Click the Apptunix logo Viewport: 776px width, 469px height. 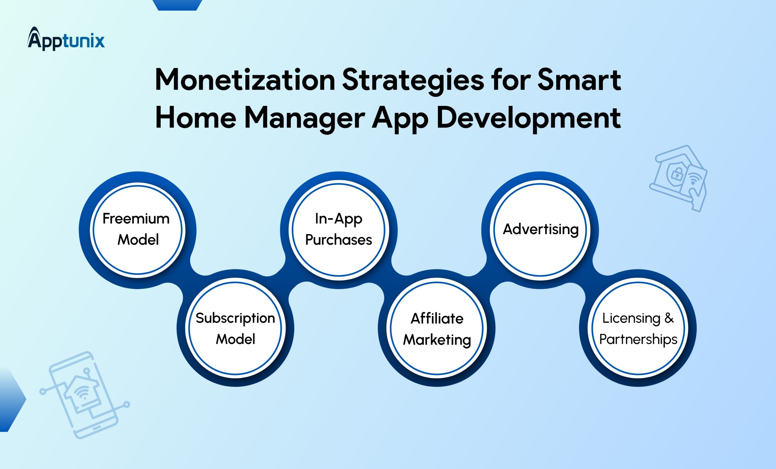coord(66,39)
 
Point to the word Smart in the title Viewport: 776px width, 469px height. coord(579,80)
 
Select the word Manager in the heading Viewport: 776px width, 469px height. coord(305,119)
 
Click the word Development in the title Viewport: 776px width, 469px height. coord(529,119)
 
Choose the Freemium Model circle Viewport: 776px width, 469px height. coord(137,230)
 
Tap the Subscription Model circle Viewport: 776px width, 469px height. coord(235,328)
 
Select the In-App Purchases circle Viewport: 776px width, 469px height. coord(339,230)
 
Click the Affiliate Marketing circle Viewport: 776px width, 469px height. coord(437,328)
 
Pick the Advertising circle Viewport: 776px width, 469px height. coord(540,230)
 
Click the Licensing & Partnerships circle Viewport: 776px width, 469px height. coord(638,328)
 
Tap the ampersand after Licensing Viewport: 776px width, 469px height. coord(669,318)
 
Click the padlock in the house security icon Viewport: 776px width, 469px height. coord(677,173)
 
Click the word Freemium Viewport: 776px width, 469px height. coord(136,219)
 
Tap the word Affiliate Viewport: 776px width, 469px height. coord(437,318)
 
